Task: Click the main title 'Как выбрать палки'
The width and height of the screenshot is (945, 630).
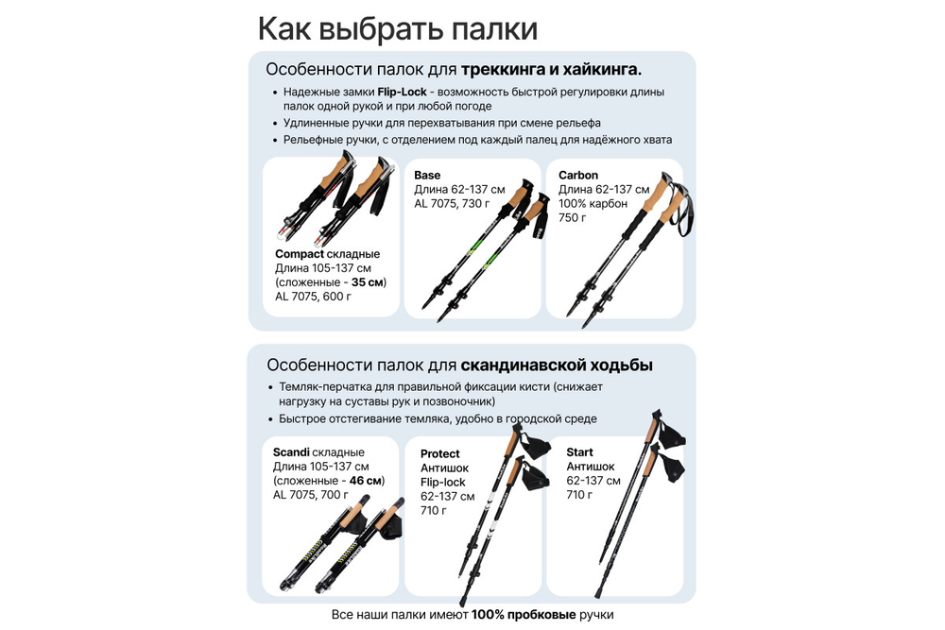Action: tap(398, 28)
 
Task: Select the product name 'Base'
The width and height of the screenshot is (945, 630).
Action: tap(427, 176)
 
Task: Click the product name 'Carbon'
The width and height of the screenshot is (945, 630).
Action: tap(578, 176)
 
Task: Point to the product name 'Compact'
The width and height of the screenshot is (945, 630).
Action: tap(299, 254)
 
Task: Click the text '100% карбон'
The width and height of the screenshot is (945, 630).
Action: tap(593, 204)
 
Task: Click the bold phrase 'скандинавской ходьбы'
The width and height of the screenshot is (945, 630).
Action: tap(557, 366)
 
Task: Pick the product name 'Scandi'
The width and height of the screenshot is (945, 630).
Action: tap(291, 452)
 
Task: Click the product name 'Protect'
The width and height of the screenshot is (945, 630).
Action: tap(440, 454)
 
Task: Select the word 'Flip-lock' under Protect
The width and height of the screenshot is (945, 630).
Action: tap(443, 483)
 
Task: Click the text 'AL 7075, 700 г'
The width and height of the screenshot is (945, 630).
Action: tap(312, 495)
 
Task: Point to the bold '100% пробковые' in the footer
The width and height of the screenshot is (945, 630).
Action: tap(524, 615)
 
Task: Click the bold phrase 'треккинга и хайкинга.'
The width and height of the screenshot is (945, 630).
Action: tap(551, 70)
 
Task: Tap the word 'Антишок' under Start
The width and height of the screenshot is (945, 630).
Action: tap(591, 467)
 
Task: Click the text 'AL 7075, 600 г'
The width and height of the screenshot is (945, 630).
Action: tap(313, 297)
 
